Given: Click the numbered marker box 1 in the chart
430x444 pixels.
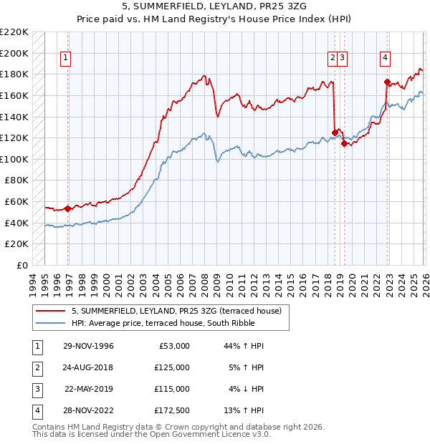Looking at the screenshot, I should point(66,59).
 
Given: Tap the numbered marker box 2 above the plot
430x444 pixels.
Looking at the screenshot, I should point(333,59).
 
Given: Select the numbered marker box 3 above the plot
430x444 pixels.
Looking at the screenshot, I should point(343,59).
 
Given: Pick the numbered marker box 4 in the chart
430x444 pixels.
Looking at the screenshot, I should point(385,59).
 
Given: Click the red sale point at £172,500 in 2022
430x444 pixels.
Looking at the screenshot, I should point(387,82).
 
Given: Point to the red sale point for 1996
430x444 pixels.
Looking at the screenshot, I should point(68,209).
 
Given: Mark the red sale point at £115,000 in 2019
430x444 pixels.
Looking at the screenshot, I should point(344,143).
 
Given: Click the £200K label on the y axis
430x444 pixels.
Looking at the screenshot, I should point(14,53).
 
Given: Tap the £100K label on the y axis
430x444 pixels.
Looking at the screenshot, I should point(14,159).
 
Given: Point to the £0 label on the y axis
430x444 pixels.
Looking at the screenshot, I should point(21,265).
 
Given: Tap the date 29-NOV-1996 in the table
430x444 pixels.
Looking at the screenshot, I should point(89,346).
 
